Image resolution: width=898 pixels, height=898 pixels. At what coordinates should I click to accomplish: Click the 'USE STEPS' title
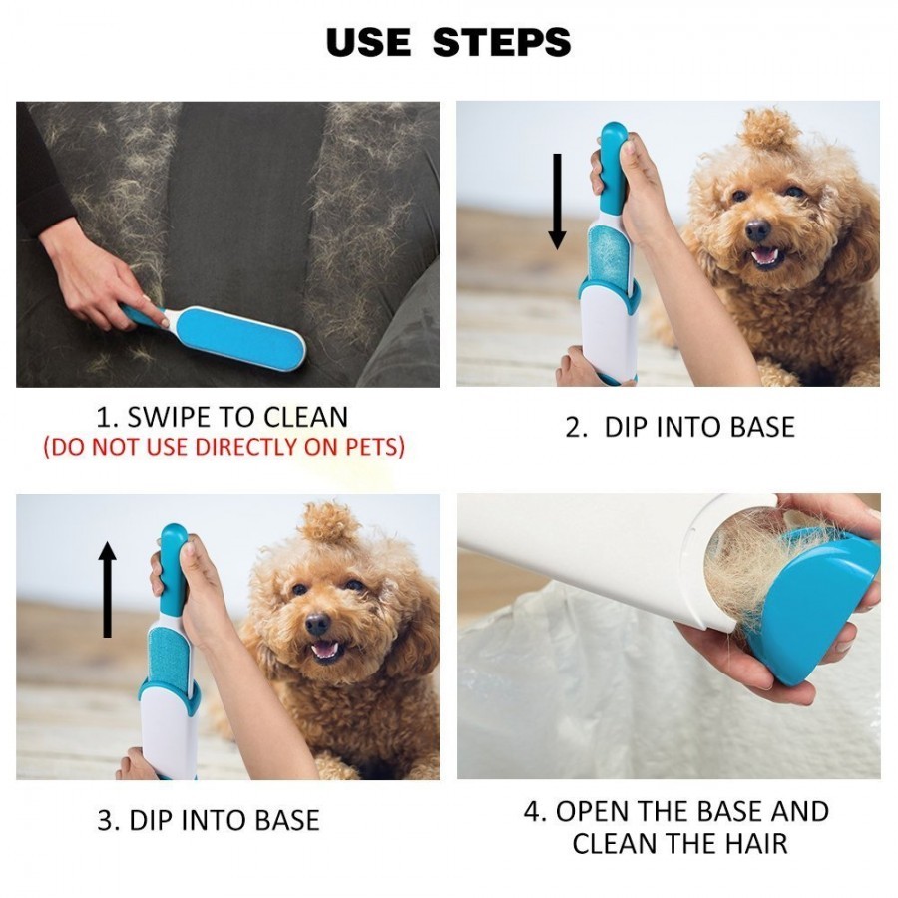(448, 42)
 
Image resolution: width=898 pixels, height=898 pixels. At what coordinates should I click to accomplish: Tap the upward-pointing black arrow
(108, 590)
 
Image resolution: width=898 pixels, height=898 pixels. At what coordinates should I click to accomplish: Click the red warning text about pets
(224, 447)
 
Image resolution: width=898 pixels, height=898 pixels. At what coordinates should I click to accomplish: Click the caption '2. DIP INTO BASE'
(679, 427)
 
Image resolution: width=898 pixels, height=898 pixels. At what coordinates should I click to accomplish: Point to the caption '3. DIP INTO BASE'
(208, 820)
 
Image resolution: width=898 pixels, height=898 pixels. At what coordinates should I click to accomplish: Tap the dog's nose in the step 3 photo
(317, 624)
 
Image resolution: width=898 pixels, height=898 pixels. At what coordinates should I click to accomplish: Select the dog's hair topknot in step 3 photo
(330, 522)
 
